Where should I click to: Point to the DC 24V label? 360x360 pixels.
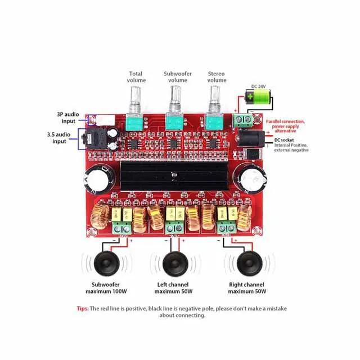coord(259,86)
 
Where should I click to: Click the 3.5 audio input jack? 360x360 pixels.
coord(96,139)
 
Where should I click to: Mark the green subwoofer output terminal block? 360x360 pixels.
coord(122,227)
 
